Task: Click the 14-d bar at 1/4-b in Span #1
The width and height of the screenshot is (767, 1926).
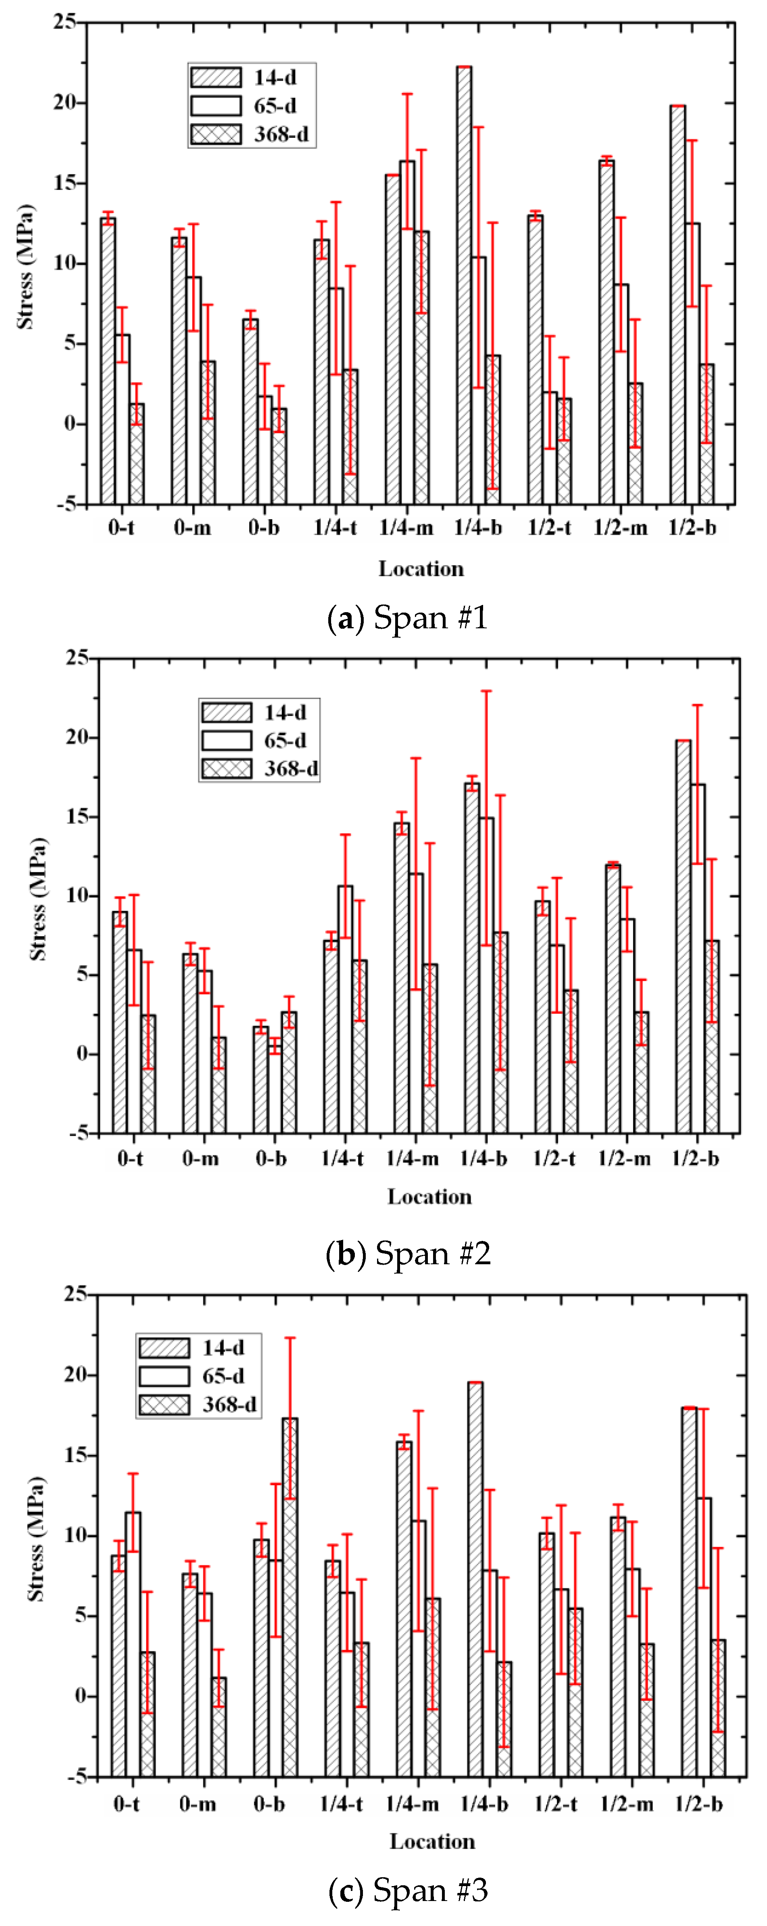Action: pos(464,284)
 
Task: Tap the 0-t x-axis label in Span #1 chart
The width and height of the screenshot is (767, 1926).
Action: pos(121,528)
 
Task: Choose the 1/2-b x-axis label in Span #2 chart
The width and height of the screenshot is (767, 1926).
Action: pos(695,1158)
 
